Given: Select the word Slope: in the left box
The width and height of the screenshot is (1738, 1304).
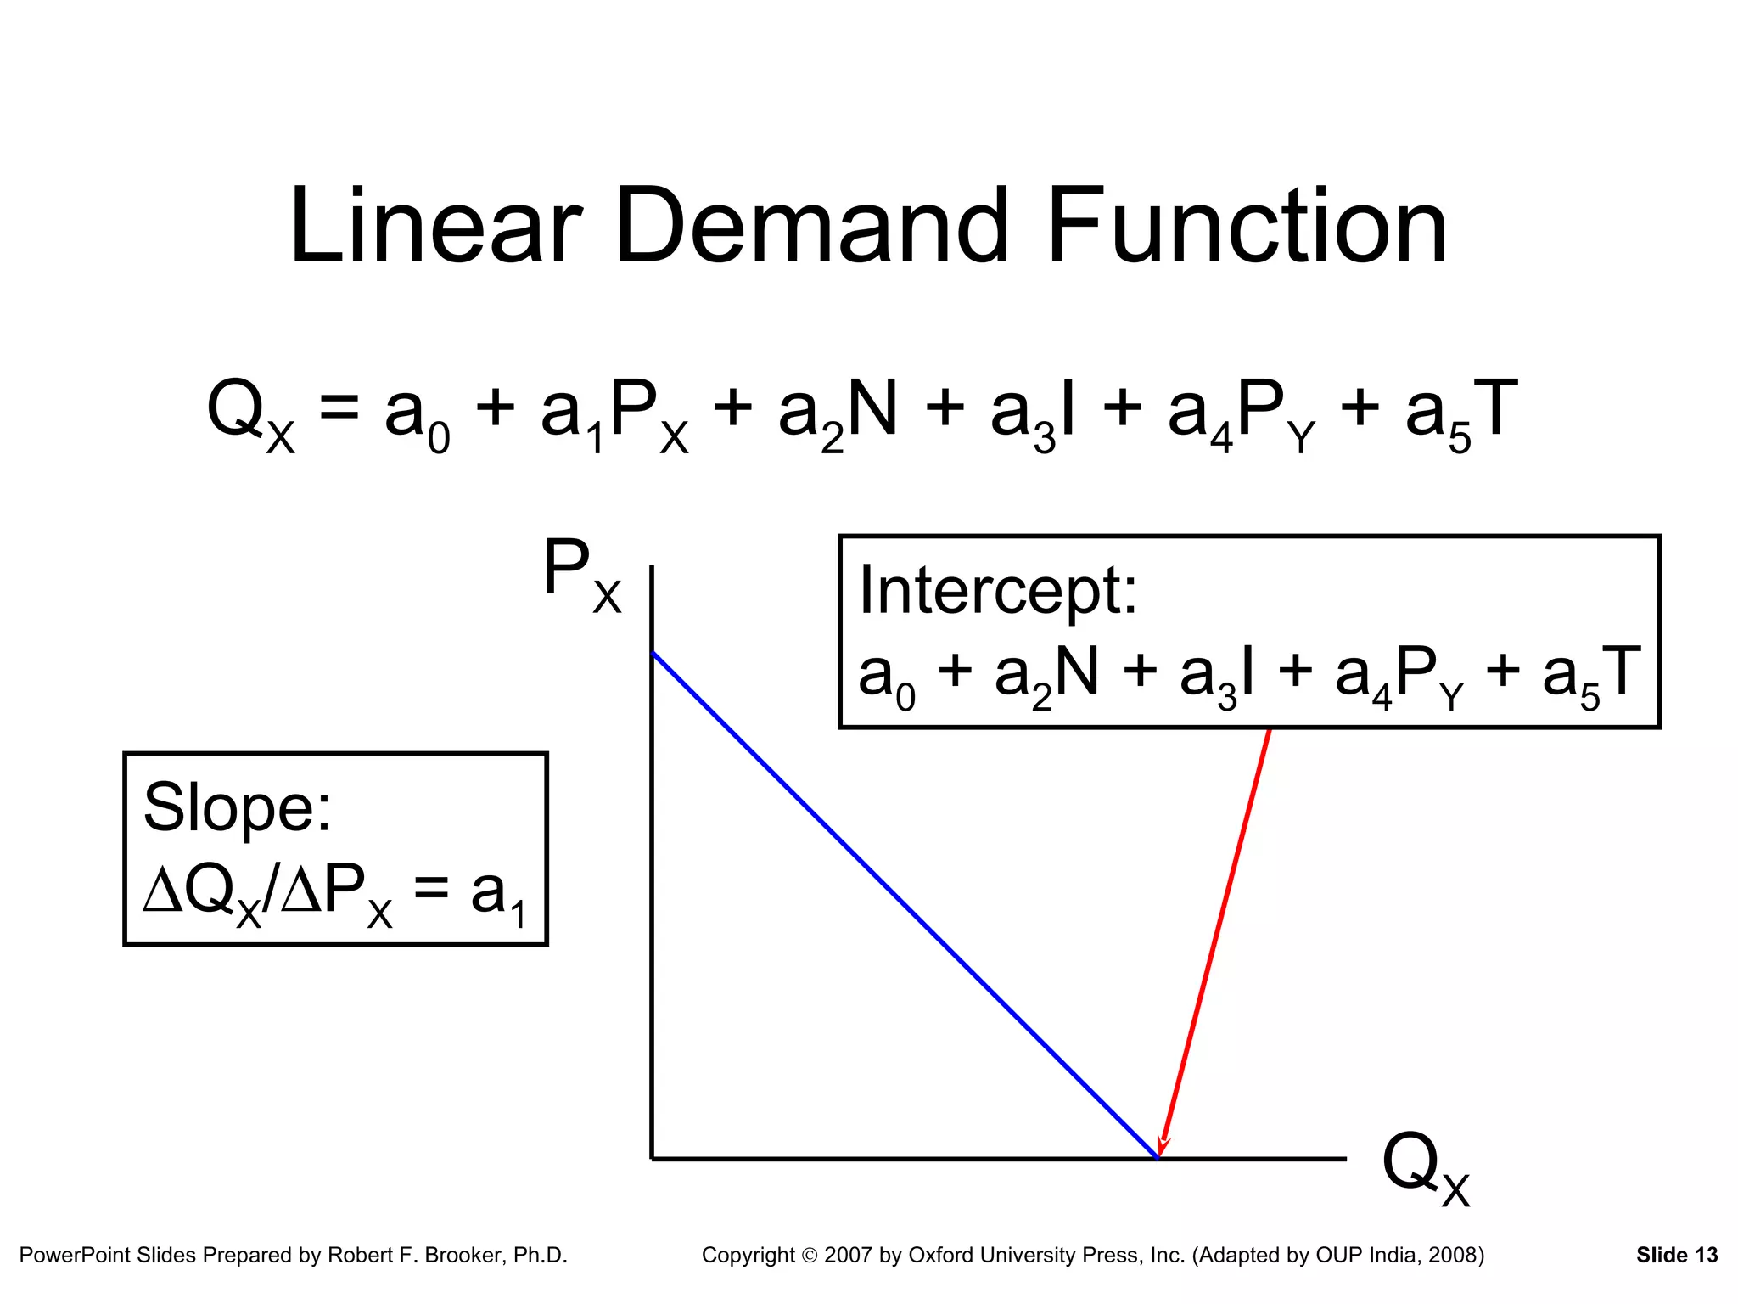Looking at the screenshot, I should [x=237, y=807].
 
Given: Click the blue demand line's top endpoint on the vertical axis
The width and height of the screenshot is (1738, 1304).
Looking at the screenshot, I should [x=653, y=653].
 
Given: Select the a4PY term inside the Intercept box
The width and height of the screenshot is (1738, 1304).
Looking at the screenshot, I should [x=1399, y=676].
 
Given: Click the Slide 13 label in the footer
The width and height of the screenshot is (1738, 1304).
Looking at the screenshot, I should [x=1676, y=1255].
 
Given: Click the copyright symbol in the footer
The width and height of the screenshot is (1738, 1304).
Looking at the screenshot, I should [x=809, y=1256].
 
